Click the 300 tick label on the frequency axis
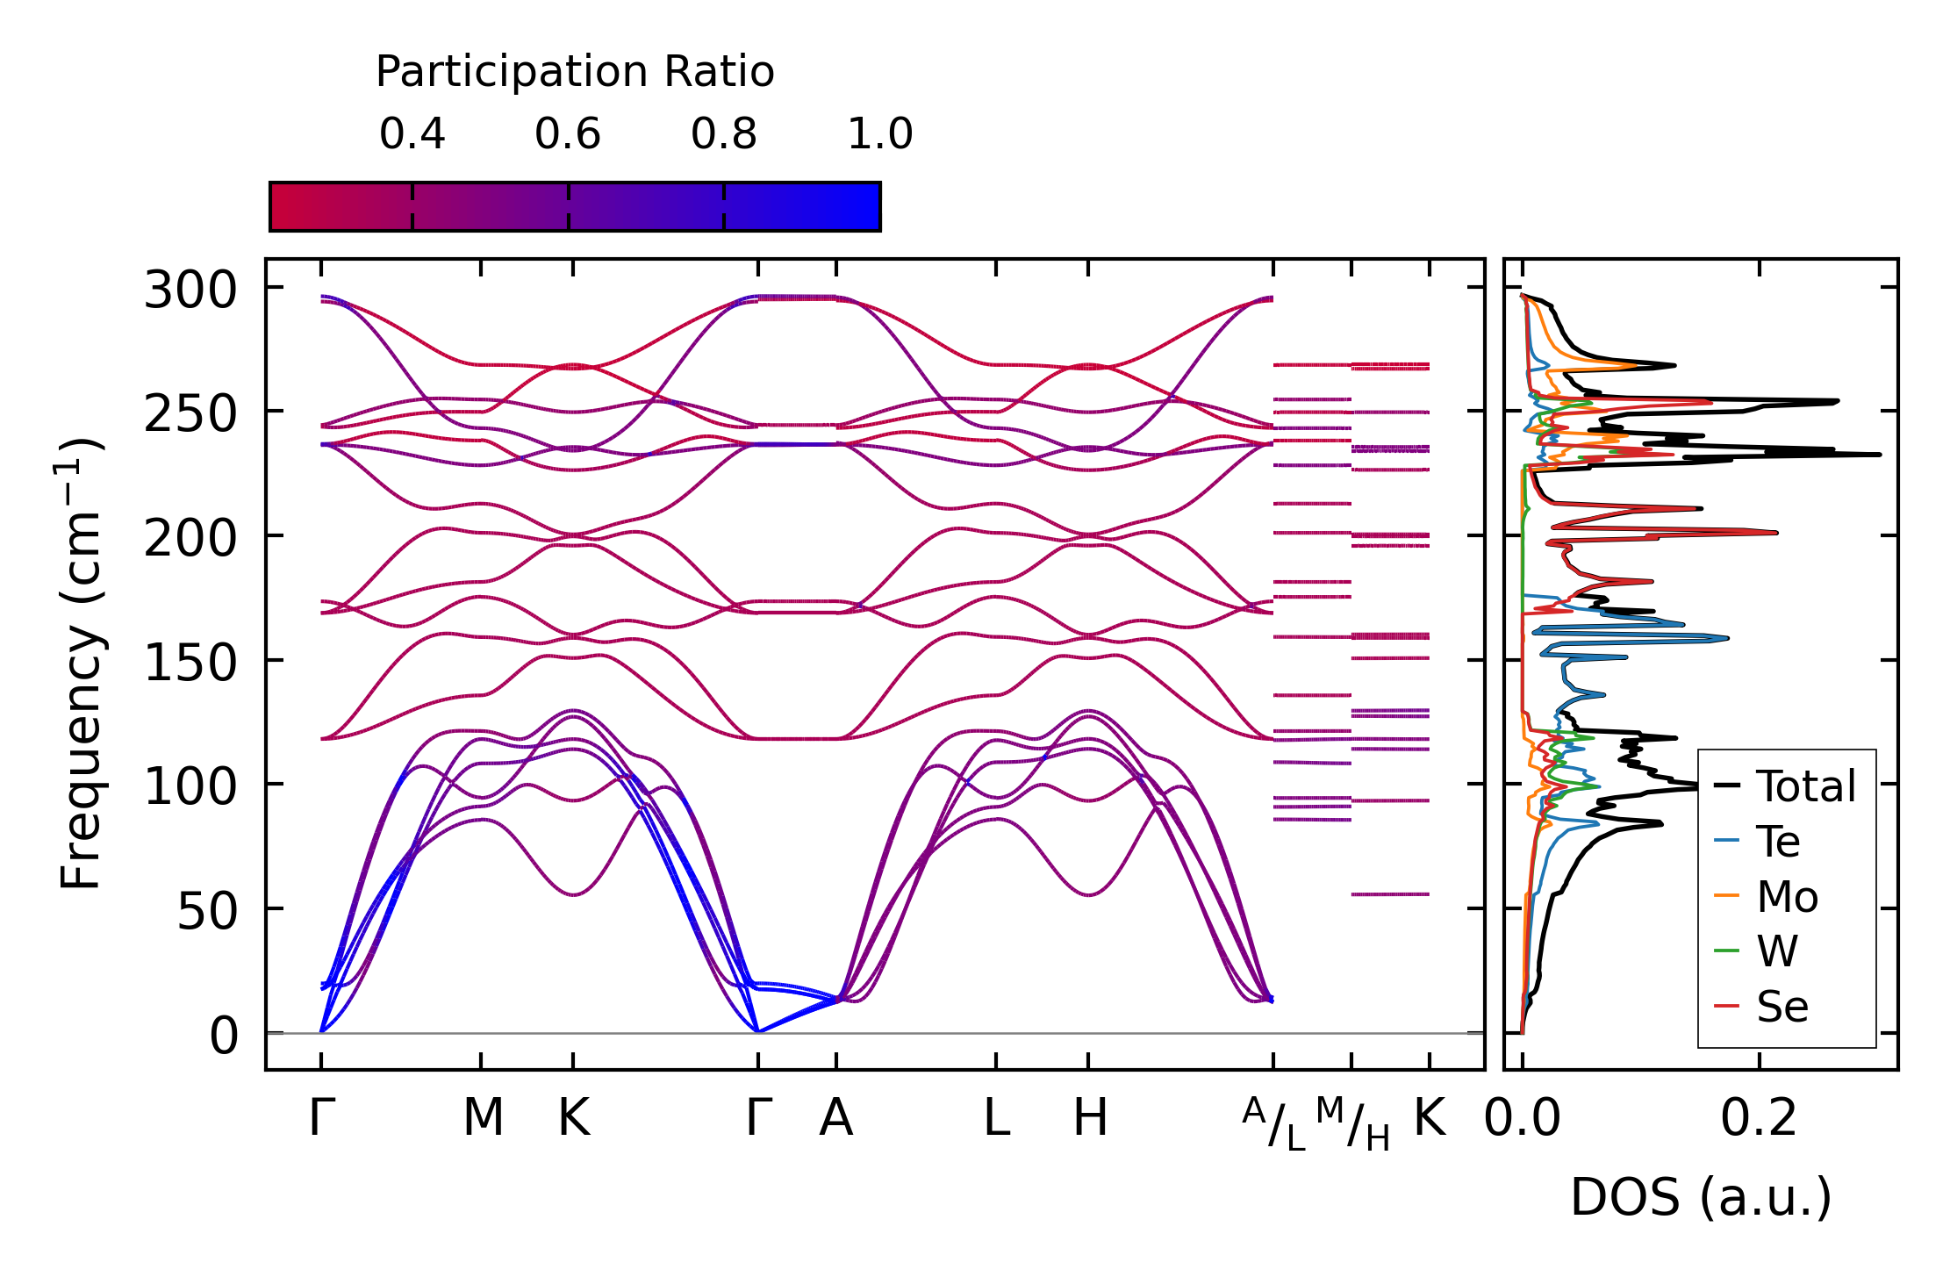point(190,290)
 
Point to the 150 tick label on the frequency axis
point(190,663)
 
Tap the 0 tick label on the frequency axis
point(223,1036)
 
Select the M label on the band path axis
point(483,1117)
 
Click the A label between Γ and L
point(835,1117)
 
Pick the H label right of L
point(1090,1117)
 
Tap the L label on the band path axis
point(996,1117)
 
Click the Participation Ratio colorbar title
point(575,71)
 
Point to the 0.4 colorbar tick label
point(412,134)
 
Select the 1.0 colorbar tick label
point(879,134)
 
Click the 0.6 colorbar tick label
point(568,134)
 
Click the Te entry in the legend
point(1777,842)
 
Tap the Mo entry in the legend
point(1787,897)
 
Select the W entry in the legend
point(1777,951)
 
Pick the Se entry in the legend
point(1782,1007)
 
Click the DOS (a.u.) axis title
point(1701,1197)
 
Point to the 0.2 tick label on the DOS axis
point(1759,1118)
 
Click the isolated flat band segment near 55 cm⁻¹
point(1390,894)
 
